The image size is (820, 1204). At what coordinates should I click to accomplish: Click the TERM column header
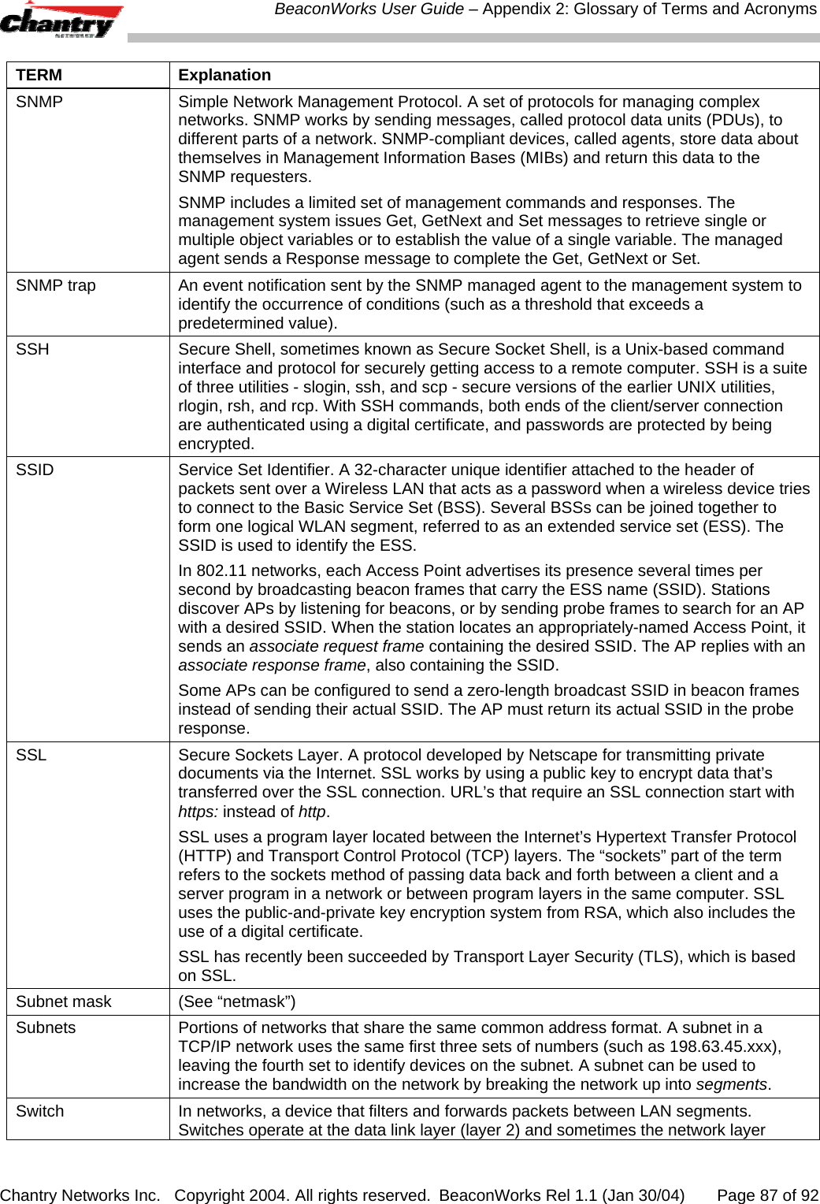[x=39, y=75]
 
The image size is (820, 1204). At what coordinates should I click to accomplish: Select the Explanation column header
[x=224, y=75]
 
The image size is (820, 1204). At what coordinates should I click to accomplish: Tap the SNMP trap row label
[x=56, y=285]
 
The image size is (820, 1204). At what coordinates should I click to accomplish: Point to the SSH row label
[x=32, y=349]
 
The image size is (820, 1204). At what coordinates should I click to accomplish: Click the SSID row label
[x=35, y=470]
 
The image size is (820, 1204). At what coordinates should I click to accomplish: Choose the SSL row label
[x=31, y=755]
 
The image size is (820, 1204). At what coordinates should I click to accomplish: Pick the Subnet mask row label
[x=64, y=1001]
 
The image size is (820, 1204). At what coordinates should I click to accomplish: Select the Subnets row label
[x=46, y=1027]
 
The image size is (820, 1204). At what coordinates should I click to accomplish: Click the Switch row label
[x=39, y=1111]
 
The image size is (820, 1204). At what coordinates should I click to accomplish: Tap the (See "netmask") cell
[x=237, y=1001]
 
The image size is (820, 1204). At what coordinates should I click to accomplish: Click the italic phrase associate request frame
[x=336, y=646]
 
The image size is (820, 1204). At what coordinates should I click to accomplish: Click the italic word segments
[x=732, y=1084]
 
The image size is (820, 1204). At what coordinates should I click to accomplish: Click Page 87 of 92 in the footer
[x=767, y=1195]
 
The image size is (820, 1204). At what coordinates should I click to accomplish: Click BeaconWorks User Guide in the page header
[x=369, y=9]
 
